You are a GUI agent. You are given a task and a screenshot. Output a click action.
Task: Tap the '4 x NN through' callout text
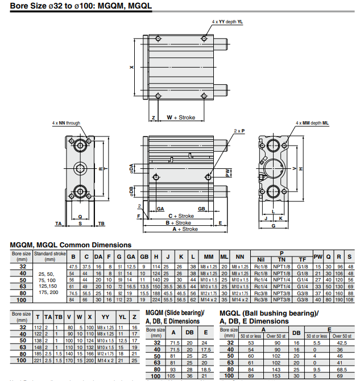(x=66, y=123)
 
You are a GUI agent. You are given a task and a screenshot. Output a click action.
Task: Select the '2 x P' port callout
(x=239, y=131)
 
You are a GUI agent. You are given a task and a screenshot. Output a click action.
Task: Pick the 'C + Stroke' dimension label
(x=181, y=216)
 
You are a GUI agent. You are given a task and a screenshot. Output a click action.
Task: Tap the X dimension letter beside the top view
(x=131, y=67)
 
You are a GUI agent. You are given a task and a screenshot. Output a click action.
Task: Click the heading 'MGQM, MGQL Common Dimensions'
(x=71, y=245)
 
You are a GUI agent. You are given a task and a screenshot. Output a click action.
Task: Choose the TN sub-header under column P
(x=282, y=260)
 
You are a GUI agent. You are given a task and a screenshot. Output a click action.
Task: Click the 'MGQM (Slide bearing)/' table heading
(x=175, y=313)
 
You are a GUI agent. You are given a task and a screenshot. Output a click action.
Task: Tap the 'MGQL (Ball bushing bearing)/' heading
(x=269, y=313)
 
